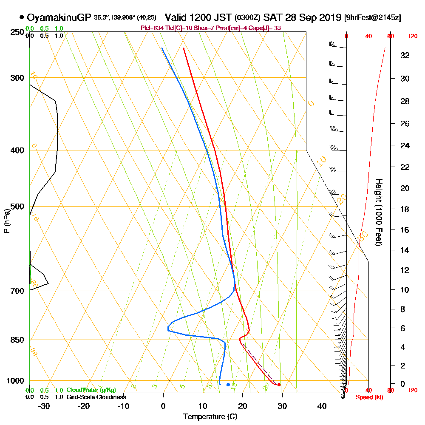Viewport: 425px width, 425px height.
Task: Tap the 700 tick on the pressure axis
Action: point(17,291)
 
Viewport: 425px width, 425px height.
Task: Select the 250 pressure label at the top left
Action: point(17,32)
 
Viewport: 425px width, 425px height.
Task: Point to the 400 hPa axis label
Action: point(17,150)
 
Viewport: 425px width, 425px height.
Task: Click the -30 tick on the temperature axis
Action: point(44,405)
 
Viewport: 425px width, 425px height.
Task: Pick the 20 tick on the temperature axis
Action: point(242,405)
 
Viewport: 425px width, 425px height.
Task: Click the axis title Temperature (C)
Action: point(210,416)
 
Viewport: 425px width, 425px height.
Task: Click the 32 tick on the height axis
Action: point(405,55)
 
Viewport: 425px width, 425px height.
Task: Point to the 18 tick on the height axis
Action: point(405,209)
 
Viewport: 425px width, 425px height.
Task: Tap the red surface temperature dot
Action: point(279,385)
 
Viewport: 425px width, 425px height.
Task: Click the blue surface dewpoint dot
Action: point(228,385)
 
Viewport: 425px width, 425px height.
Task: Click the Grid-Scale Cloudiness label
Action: point(96,397)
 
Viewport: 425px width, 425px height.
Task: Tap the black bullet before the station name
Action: point(21,17)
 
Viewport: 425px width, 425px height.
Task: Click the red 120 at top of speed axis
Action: point(412,37)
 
